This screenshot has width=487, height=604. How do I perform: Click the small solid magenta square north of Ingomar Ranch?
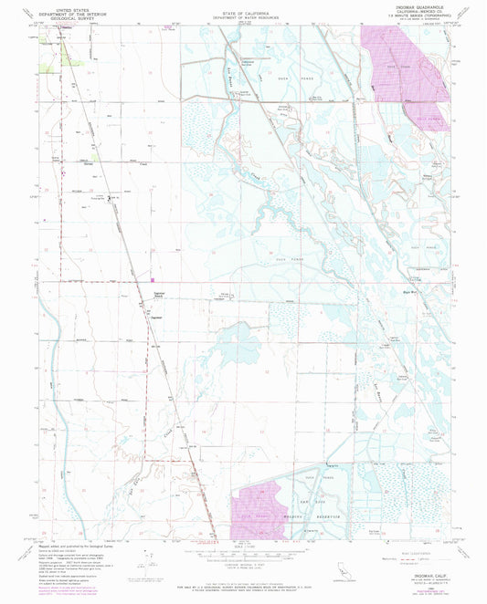point(154,281)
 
